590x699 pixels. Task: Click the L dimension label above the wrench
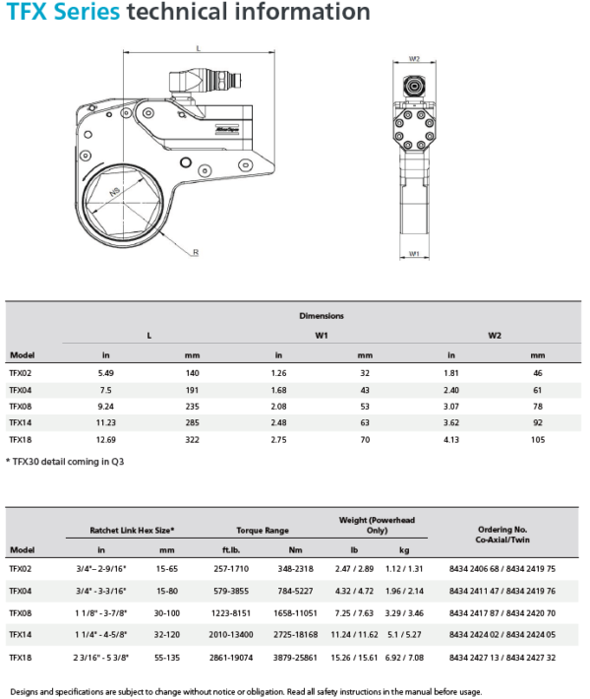pyautogui.click(x=198, y=47)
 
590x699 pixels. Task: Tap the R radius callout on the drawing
pyautogui.click(x=196, y=253)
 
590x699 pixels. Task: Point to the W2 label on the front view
pyautogui.click(x=414, y=58)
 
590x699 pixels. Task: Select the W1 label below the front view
pyautogui.click(x=414, y=254)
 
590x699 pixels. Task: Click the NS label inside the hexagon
pyautogui.click(x=115, y=196)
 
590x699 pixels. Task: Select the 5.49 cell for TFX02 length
pyautogui.click(x=106, y=374)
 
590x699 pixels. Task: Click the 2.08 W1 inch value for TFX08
pyautogui.click(x=278, y=407)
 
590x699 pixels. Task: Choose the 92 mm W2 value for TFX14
pyautogui.click(x=537, y=422)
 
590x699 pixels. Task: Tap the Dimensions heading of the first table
pyautogui.click(x=322, y=316)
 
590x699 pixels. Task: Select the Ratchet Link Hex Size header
pyautogui.click(x=132, y=530)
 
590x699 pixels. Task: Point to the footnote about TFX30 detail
pyautogui.click(x=66, y=461)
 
